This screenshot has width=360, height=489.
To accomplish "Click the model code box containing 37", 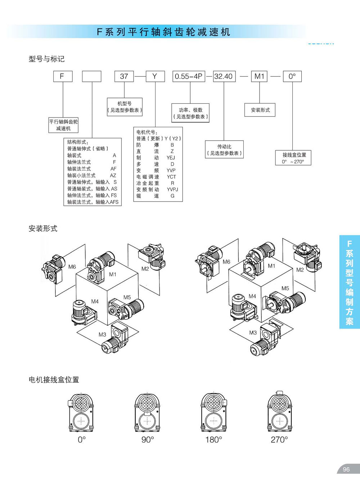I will click(x=124, y=76).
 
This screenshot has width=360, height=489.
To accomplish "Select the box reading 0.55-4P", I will click(x=188, y=76).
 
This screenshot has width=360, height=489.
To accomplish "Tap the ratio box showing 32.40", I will click(x=224, y=76).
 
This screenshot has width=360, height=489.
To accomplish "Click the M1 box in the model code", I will click(x=260, y=76).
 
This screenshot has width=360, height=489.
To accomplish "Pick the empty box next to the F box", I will click(x=92, y=76).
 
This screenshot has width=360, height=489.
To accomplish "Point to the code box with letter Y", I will click(x=155, y=76).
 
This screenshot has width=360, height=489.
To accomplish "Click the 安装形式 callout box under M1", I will click(x=260, y=110).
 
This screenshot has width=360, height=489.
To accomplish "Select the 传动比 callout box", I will click(x=224, y=150).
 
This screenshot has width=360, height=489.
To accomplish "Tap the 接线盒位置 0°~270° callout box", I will click(x=294, y=158).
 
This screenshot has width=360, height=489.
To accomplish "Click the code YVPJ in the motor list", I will click(x=172, y=190).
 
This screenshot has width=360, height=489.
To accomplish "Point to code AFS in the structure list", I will click(x=114, y=202).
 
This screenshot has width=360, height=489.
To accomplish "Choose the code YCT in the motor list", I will click(x=171, y=177).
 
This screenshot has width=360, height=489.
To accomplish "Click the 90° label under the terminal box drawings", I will click(x=148, y=440).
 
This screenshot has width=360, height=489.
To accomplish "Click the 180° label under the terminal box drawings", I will click(x=213, y=440).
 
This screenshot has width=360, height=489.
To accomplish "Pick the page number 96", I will click(x=346, y=470).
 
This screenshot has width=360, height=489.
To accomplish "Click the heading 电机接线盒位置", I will click(x=54, y=380).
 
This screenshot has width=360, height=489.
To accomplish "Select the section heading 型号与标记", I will click(x=46, y=59).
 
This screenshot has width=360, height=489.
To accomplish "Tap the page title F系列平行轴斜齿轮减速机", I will click(x=163, y=32).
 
